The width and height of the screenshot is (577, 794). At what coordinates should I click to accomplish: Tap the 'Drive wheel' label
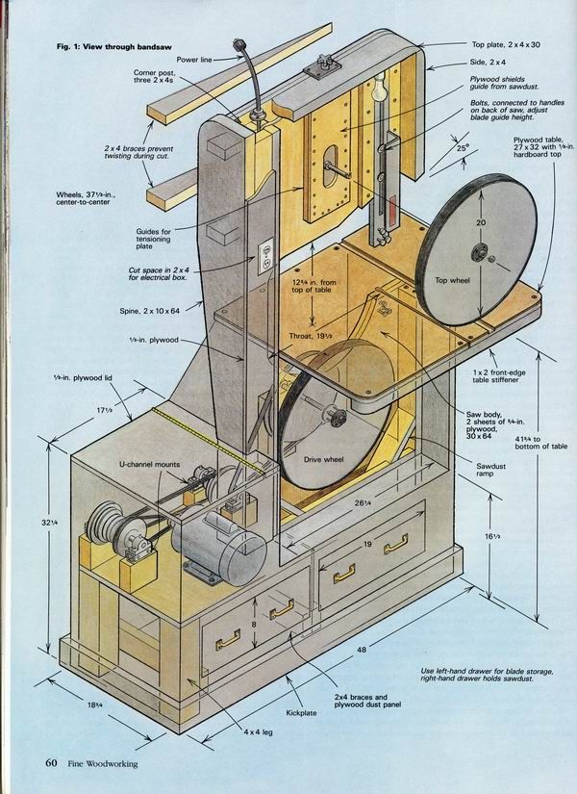tap(323, 459)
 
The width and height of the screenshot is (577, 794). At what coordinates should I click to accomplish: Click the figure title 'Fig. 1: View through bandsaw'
tap(113, 46)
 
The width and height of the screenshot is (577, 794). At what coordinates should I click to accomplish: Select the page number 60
tap(51, 762)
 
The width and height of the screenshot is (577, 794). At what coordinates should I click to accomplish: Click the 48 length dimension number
tap(362, 650)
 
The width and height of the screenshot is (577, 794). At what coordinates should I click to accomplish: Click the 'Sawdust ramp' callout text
tap(490, 470)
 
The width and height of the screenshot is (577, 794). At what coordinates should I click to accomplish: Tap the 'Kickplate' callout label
tap(301, 712)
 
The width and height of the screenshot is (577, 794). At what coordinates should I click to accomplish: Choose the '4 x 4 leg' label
tap(257, 731)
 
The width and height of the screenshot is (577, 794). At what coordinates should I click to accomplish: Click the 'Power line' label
tap(194, 60)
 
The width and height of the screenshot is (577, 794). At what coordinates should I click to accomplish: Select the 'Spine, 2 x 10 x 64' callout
tap(149, 311)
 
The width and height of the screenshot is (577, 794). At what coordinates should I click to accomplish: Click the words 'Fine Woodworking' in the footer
tap(103, 763)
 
